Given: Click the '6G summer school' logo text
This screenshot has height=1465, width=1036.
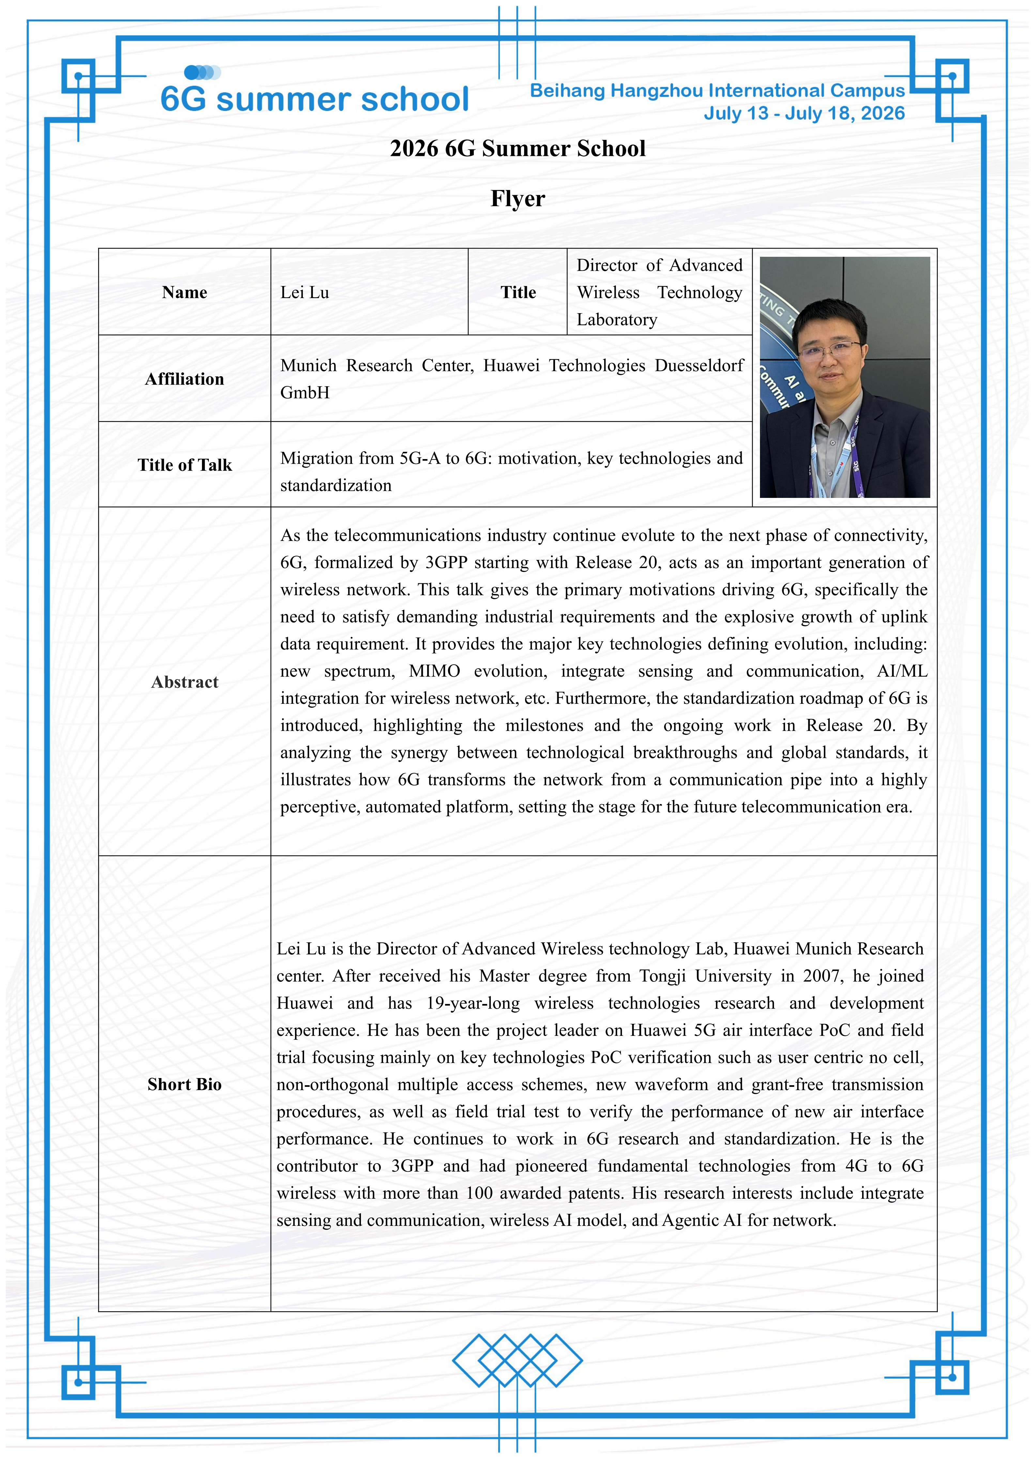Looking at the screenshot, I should pyautogui.click(x=315, y=99).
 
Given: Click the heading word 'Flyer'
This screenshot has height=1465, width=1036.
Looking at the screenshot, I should pyautogui.click(x=518, y=198).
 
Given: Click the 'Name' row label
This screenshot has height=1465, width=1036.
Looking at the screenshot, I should pyautogui.click(x=184, y=292).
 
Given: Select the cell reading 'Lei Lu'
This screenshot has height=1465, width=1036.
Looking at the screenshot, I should pyautogui.click(x=305, y=292).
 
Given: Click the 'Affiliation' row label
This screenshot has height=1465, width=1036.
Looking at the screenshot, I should pyautogui.click(x=184, y=379).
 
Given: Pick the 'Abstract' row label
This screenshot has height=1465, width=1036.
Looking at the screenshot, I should pyautogui.click(x=184, y=682).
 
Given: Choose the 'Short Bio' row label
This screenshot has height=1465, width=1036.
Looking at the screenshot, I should pyautogui.click(x=184, y=1085).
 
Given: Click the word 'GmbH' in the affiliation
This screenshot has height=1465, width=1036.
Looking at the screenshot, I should pyautogui.click(x=305, y=393).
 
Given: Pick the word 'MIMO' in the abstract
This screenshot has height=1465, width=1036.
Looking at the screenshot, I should pyautogui.click(x=434, y=671).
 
